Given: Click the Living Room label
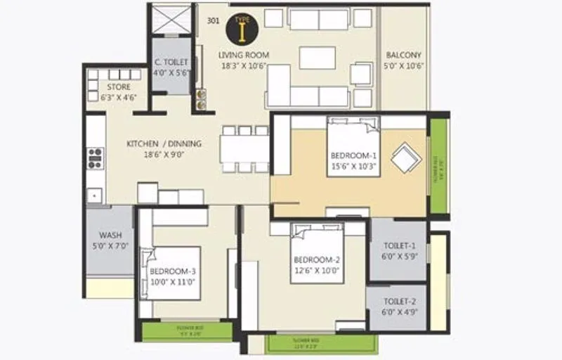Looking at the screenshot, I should pyautogui.click(x=243, y=55).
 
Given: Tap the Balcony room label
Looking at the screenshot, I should pyautogui.click(x=403, y=55).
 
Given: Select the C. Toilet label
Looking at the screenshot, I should pyautogui.click(x=171, y=62).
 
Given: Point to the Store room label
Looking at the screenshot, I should pyautogui.click(x=119, y=87).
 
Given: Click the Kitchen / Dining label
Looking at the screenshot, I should pyautogui.click(x=164, y=143).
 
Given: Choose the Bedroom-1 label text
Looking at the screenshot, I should pyautogui.click(x=354, y=155).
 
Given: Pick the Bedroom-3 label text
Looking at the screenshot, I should pyautogui.click(x=173, y=271).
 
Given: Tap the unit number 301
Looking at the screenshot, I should pyautogui.click(x=213, y=20).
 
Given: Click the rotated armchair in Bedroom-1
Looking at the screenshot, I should pyautogui.click(x=406, y=157).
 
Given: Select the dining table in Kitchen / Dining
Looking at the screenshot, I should pyautogui.click(x=244, y=148).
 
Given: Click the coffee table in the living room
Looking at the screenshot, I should pyautogui.click(x=317, y=58).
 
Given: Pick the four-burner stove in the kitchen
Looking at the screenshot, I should pyautogui.click(x=95, y=159).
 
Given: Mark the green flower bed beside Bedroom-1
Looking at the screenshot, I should pyautogui.click(x=438, y=167).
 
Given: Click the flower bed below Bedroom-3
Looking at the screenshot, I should pyautogui.click(x=187, y=330).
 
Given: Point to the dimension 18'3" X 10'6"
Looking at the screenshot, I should pyautogui.click(x=243, y=66).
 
